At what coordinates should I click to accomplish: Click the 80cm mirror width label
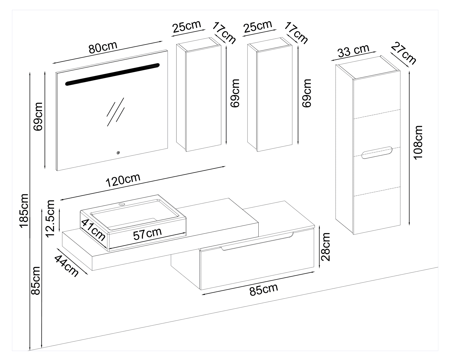[x=103, y=47]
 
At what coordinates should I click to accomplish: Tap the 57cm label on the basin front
[x=147, y=234]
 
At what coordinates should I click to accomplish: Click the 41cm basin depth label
[x=93, y=230]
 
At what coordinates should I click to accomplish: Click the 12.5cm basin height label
[x=51, y=218]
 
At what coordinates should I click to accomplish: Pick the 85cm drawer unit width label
[x=264, y=289]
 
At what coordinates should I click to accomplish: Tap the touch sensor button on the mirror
[x=118, y=153]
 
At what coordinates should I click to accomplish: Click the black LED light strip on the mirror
[x=112, y=75]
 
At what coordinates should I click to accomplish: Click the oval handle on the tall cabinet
[x=377, y=153]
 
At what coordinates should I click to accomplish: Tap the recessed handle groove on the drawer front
[x=256, y=241]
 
